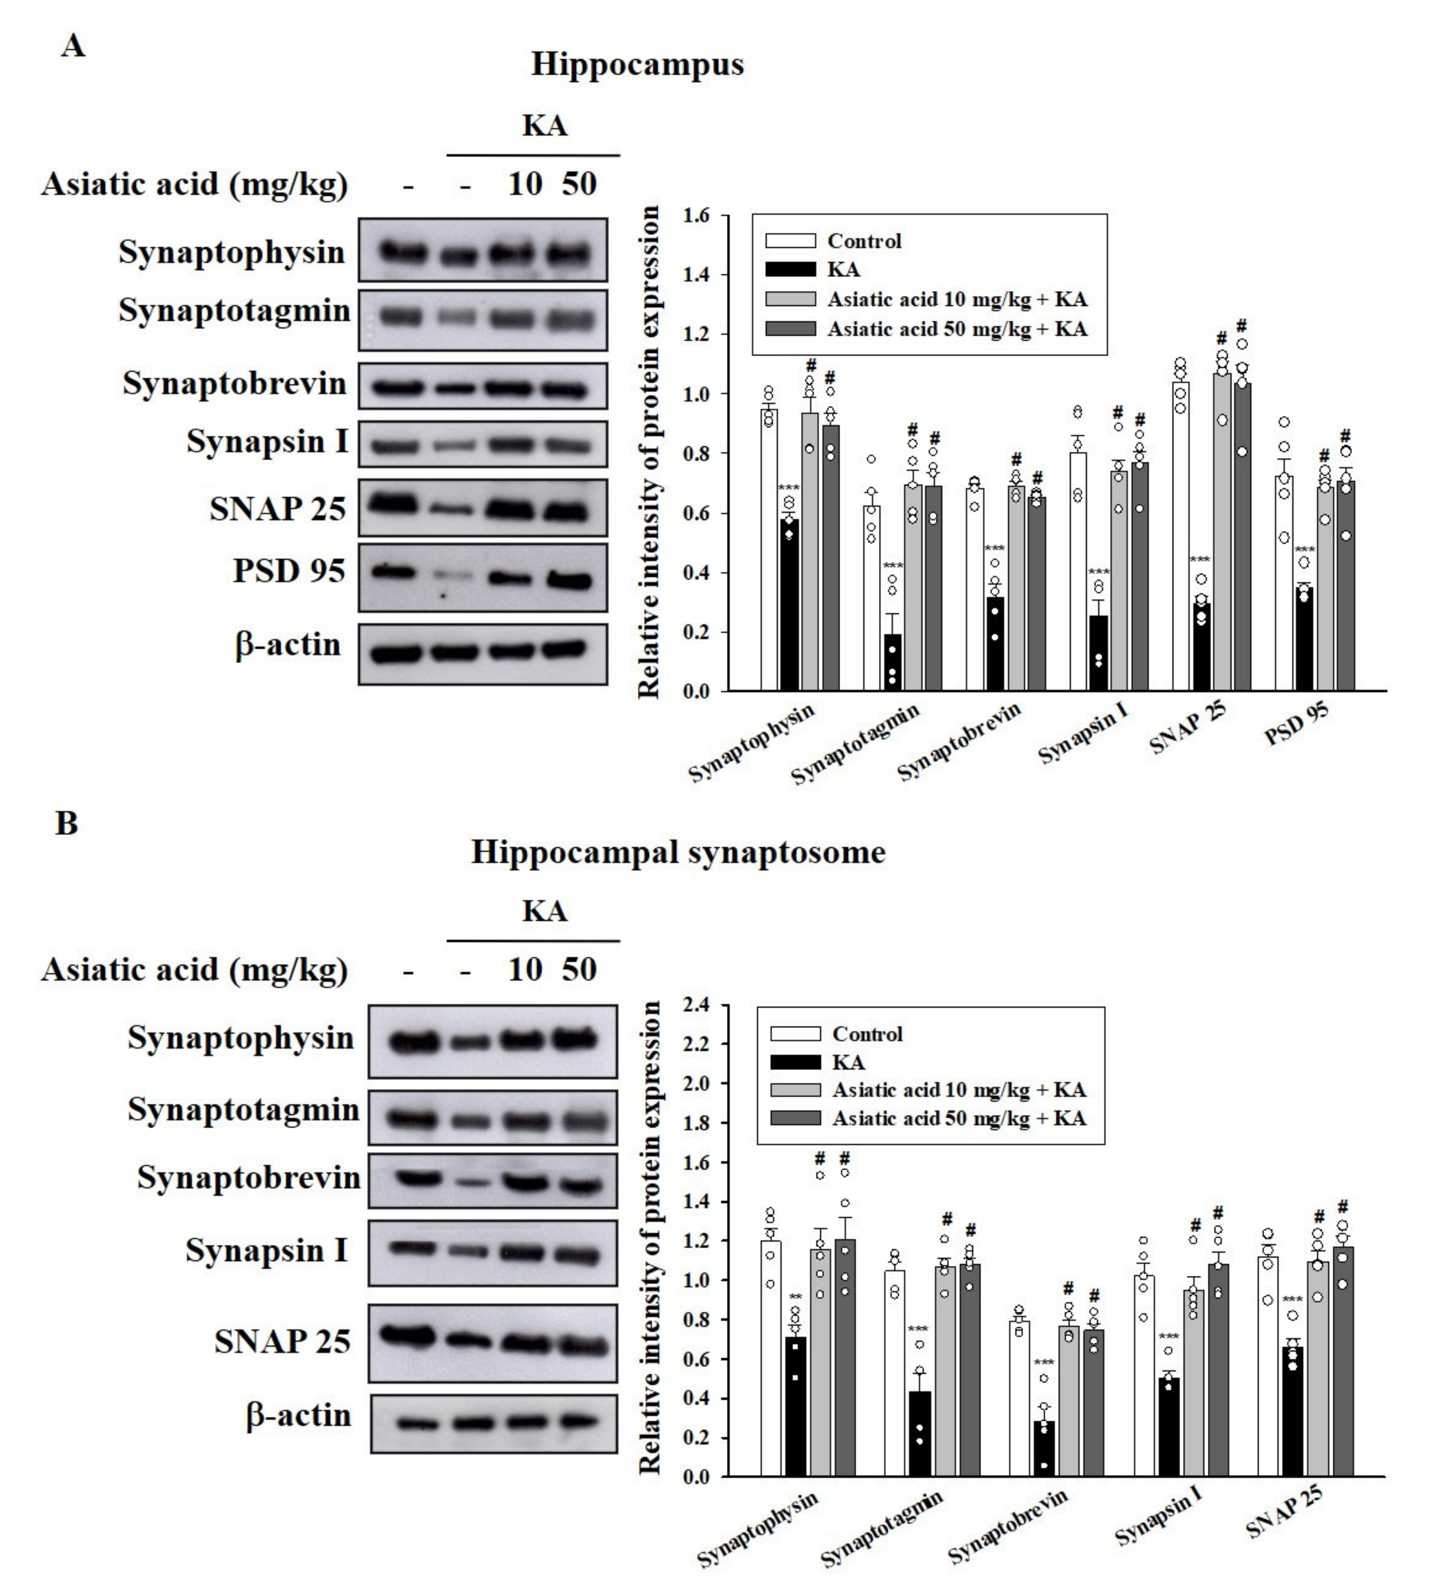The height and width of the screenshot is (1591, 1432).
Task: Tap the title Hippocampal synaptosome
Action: coord(678,852)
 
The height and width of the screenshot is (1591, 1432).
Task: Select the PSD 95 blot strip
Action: coord(482,578)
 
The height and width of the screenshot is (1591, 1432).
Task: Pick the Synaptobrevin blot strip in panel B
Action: coord(493,1180)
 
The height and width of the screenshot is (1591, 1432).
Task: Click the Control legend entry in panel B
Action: coord(866,1034)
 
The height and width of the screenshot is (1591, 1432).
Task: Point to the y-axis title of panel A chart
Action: coord(649,452)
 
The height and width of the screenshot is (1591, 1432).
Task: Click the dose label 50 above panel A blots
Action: coord(579,184)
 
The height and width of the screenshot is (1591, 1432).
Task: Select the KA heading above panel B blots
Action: coord(544,911)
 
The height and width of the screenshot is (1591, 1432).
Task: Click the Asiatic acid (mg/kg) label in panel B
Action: coord(194,970)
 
